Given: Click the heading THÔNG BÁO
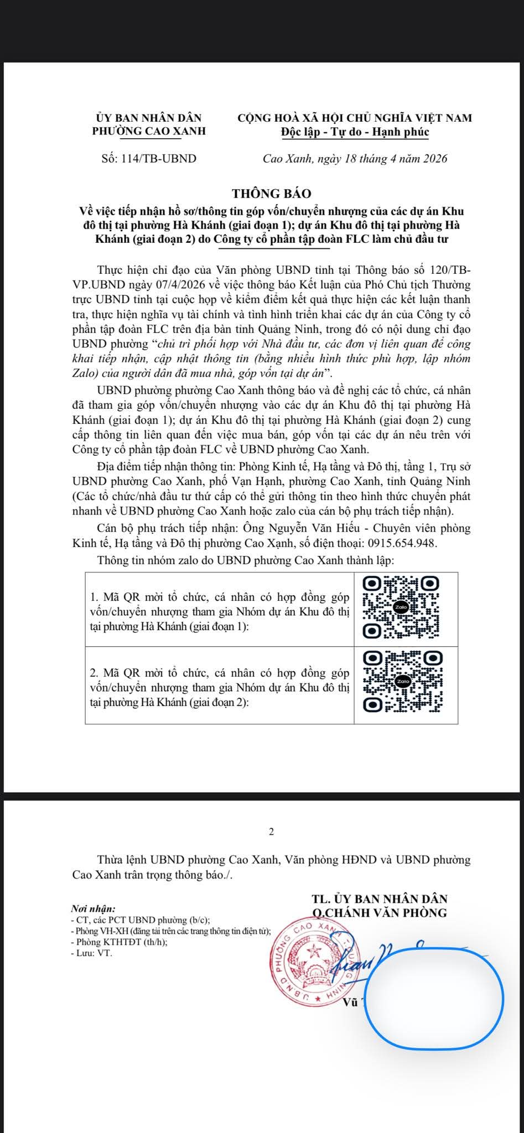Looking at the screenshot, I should click(x=271, y=194).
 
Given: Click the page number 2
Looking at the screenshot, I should click(x=271, y=831).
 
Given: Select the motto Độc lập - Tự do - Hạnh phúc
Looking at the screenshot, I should click(x=354, y=132).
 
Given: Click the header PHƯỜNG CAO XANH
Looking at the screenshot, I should click(x=148, y=132).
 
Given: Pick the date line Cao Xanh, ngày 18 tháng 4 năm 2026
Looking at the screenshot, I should click(x=355, y=159).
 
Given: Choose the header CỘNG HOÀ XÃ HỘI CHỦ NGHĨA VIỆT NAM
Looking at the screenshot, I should click(x=355, y=117).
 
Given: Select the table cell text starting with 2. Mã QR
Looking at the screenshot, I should click(x=219, y=688).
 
